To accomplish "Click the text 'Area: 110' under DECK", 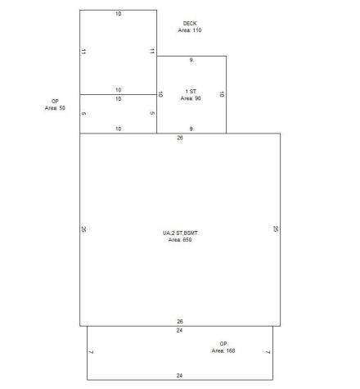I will coord(190,30).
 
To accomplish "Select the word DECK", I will coord(190,23).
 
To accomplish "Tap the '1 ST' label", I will coord(191,90).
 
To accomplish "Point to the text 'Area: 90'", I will coord(191,97).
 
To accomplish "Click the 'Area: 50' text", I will coord(56,107).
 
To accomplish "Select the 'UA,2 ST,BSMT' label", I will coord(180,233).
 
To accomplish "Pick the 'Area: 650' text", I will coord(180,240).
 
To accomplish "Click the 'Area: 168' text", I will coord(223,351).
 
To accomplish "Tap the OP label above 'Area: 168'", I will coord(223,343).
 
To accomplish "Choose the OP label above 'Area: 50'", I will coord(56,101).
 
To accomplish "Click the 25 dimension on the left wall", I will coord(84,229).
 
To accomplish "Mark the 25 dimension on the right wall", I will coord(276,229).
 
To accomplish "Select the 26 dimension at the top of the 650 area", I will coord(180,138).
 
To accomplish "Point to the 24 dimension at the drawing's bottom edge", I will coord(179,375).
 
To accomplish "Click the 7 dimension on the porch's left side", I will coord(92,352).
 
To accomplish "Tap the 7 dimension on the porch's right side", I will coord(268,352).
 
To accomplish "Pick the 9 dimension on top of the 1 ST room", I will coord(191,61).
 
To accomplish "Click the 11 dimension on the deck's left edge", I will coord(84,52).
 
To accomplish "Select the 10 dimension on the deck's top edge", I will coord(118,15).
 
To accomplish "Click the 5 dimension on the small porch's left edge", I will coord(84,113).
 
